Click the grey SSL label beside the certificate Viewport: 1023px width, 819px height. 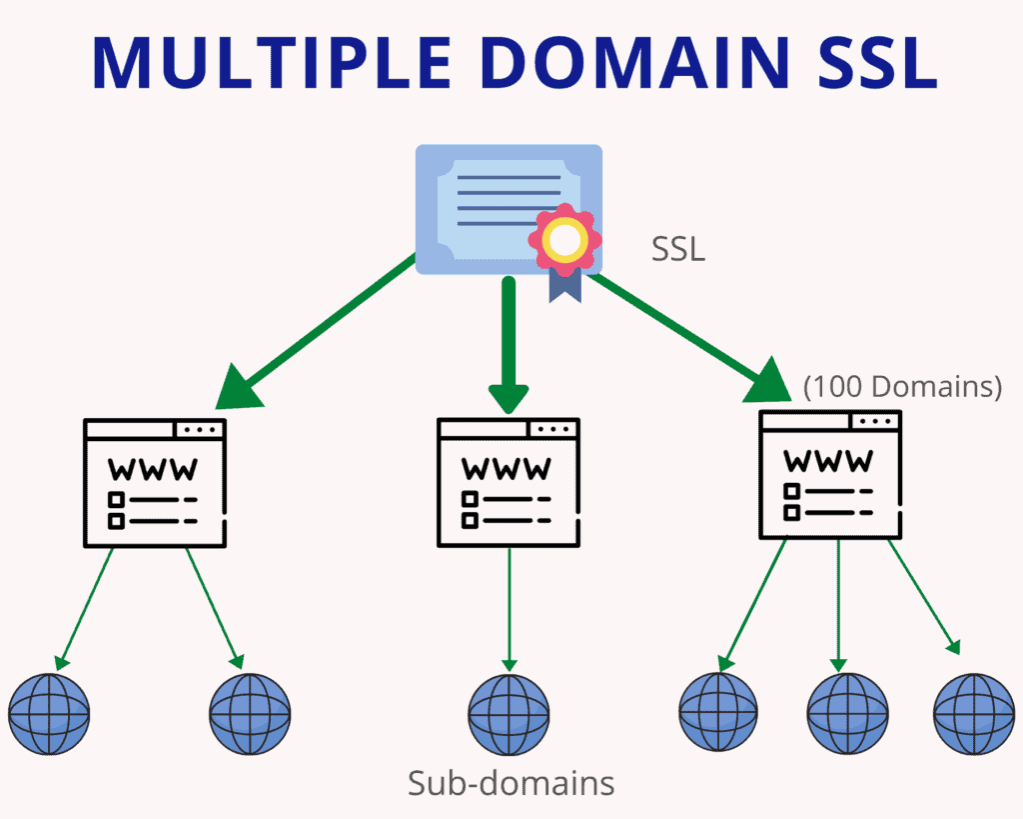point(678,249)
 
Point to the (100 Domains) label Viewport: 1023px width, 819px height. point(902,387)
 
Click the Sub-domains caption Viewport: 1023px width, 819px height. point(511,783)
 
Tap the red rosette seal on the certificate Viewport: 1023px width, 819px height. point(564,240)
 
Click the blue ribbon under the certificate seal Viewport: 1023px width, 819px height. point(564,284)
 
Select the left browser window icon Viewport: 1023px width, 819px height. point(155,482)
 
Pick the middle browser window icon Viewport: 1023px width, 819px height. point(509,482)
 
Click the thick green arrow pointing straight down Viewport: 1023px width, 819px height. point(509,345)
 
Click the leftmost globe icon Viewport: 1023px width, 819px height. point(49,713)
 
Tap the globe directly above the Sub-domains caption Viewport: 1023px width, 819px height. point(509,713)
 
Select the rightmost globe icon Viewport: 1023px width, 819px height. point(973,713)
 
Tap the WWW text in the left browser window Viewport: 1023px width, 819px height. point(153,469)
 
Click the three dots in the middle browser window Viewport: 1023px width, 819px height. point(552,429)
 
